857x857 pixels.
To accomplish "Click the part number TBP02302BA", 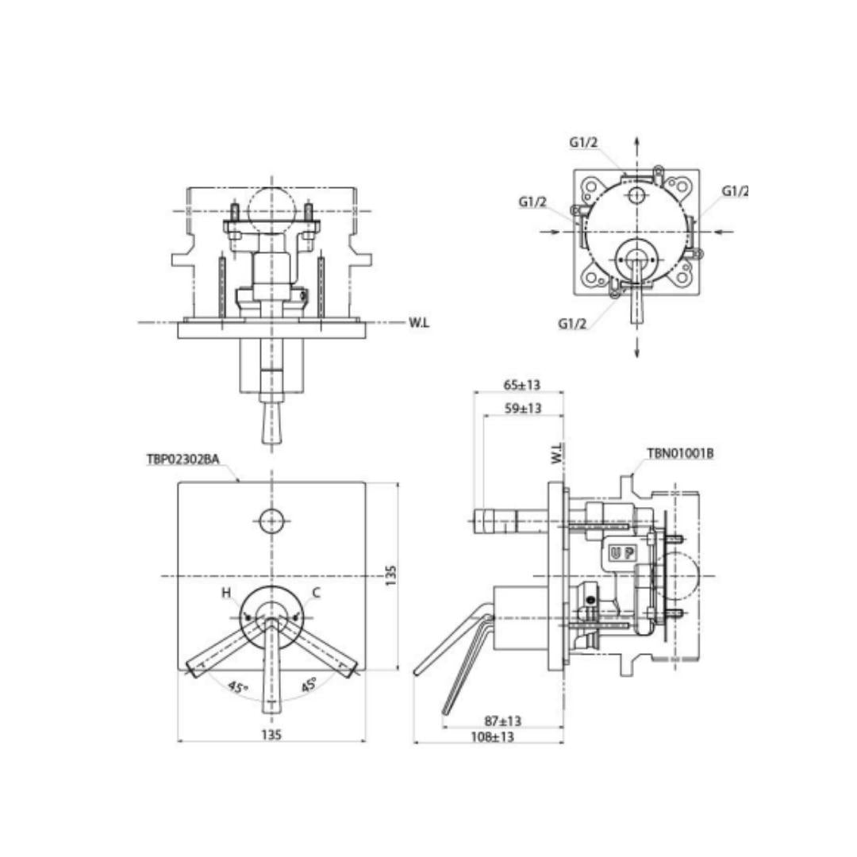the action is coord(183,459).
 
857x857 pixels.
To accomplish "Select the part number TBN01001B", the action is coord(681,454).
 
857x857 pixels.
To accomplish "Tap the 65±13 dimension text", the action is coord(522,385).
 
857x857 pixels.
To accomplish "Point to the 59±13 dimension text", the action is coord(523,409).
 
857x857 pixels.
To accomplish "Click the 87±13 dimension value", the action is coord(503,721).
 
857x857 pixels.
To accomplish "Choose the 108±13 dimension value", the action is coord(493,736).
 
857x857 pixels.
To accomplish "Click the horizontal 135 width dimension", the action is coord(271,735).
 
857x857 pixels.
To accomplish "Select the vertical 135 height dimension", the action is coord(390,576).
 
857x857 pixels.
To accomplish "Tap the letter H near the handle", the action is coord(226,593).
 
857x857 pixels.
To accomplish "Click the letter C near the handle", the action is coord(317,593).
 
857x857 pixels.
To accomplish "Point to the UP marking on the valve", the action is coord(623,553).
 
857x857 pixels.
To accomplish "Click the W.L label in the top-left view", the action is coord(419,322).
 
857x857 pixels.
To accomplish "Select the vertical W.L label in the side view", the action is coord(557,454).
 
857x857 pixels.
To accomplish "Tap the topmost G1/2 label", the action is coord(584,143).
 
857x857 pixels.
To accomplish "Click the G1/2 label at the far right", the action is coord(735,191).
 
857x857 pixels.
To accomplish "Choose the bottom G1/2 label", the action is coord(572,324).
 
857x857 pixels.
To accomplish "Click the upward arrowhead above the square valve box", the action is coord(636,140).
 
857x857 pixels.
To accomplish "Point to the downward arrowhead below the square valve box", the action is coord(636,352).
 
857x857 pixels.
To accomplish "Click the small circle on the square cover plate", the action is coord(271,521).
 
